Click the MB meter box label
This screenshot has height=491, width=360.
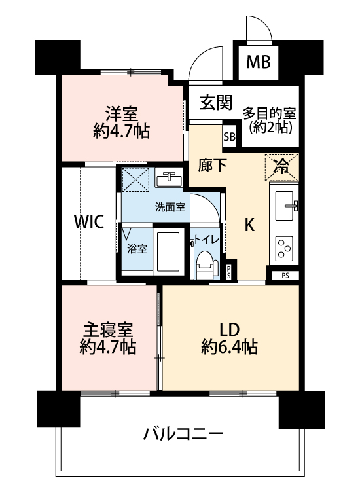click(x=259, y=62)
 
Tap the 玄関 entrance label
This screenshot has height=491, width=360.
click(x=216, y=102)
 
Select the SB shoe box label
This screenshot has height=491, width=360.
click(x=230, y=137)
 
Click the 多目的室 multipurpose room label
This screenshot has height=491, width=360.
click(x=270, y=113)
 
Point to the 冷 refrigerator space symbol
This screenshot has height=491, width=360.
click(x=281, y=167)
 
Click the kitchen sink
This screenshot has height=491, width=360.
click(x=285, y=206)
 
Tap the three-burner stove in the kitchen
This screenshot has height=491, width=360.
click(x=284, y=248)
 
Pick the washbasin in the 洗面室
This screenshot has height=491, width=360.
click(x=169, y=179)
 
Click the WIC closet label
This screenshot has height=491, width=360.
click(x=88, y=221)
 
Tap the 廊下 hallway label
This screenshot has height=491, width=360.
click(x=213, y=165)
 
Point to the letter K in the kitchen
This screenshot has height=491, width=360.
click(x=249, y=225)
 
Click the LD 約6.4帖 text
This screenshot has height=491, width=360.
click(x=230, y=338)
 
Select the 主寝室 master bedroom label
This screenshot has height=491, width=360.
click(x=108, y=330)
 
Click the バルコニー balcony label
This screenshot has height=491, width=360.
click(x=183, y=434)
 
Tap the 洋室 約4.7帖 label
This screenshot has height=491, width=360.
click(x=122, y=122)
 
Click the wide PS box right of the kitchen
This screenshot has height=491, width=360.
click(x=285, y=276)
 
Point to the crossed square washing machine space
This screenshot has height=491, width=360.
click(x=135, y=179)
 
